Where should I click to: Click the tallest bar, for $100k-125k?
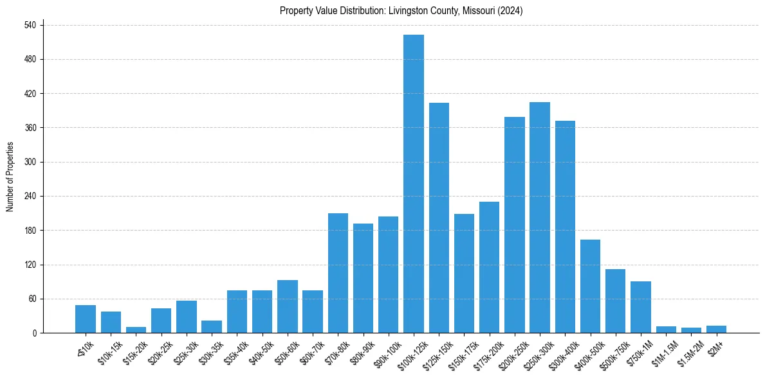[413, 184]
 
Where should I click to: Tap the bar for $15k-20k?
[136, 330]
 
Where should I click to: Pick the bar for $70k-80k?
[338, 273]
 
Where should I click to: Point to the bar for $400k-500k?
[590, 286]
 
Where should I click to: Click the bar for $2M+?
[716, 329]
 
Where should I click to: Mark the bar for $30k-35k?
[212, 326]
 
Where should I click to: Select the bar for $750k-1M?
[640, 307]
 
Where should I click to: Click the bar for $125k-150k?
[439, 218]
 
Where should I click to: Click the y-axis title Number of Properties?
[10, 177]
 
